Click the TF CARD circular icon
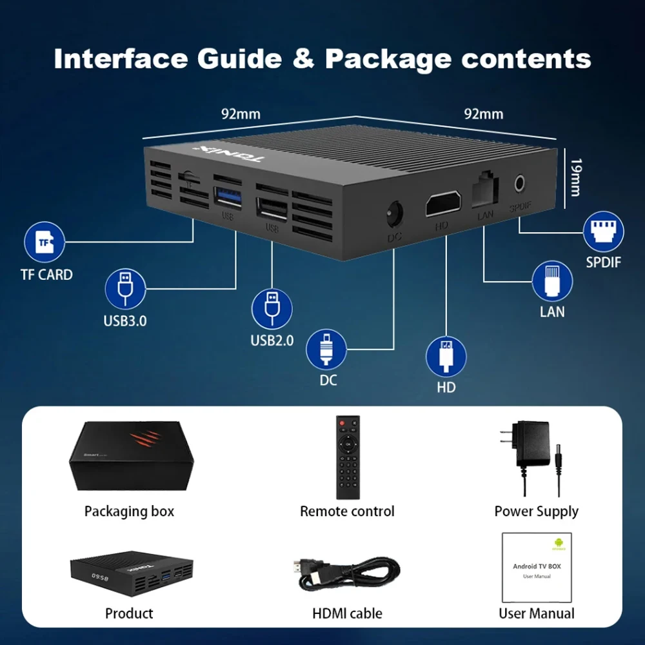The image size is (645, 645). (44, 242)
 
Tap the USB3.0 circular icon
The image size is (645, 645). (125, 288)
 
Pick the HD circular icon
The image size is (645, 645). (446, 356)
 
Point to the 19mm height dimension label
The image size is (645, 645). (574, 178)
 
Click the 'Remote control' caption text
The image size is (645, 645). (347, 511)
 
